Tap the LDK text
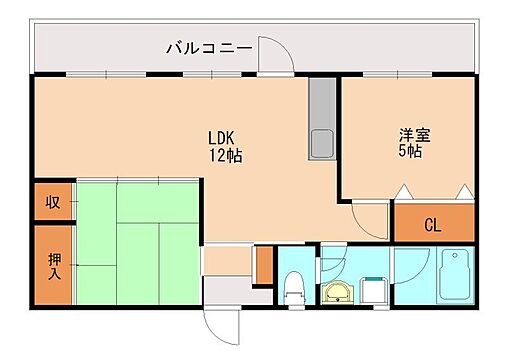pyautogui.click(x=224, y=138)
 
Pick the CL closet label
pyautogui.click(x=432, y=224)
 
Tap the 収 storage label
pyautogui.click(x=53, y=202)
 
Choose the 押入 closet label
pyautogui.click(x=53, y=265)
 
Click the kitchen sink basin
pyautogui.click(x=324, y=142)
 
